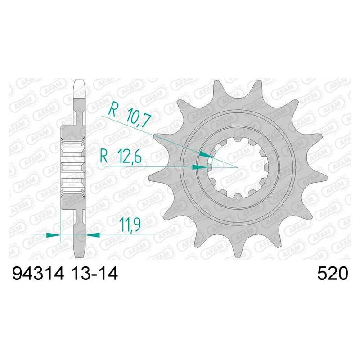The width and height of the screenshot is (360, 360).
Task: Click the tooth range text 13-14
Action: point(94,274)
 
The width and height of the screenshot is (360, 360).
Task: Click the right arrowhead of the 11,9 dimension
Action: point(93,234)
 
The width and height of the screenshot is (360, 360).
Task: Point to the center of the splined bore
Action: point(237,167)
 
